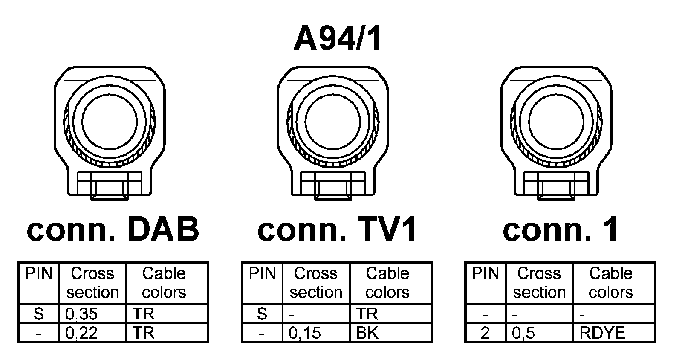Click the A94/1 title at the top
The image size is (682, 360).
point(338,40)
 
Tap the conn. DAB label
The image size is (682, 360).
point(113,229)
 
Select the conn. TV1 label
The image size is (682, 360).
point(337,229)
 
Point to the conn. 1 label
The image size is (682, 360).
point(561,229)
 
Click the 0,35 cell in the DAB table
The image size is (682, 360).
point(81,314)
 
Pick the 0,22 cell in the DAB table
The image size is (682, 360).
point(81,333)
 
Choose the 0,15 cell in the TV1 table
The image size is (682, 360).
point(305,333)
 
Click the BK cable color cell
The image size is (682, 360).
point(367,333)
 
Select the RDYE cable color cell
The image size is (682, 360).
point(602,333)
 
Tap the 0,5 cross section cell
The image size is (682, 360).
point(523,333)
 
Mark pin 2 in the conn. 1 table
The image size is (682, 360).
point(485,333)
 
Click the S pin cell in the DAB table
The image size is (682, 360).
point(38,314)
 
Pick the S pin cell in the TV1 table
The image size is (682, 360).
point(262,314)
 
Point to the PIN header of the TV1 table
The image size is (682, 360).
point(262,273)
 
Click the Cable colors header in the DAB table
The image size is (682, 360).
point(164,283)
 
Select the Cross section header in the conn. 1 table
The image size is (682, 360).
point(539,283)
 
